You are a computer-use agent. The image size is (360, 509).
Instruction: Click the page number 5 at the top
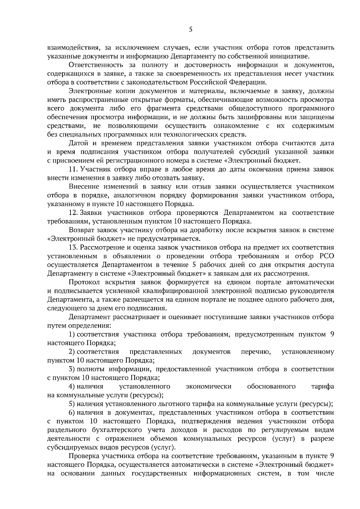point(191,29)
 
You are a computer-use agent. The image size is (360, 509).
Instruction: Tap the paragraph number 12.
point(73,213)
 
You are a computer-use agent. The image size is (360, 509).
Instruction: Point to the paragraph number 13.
point(73,248)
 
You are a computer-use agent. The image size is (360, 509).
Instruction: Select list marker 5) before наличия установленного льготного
point(72,404)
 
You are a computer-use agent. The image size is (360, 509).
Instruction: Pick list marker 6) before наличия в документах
point(72,412)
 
